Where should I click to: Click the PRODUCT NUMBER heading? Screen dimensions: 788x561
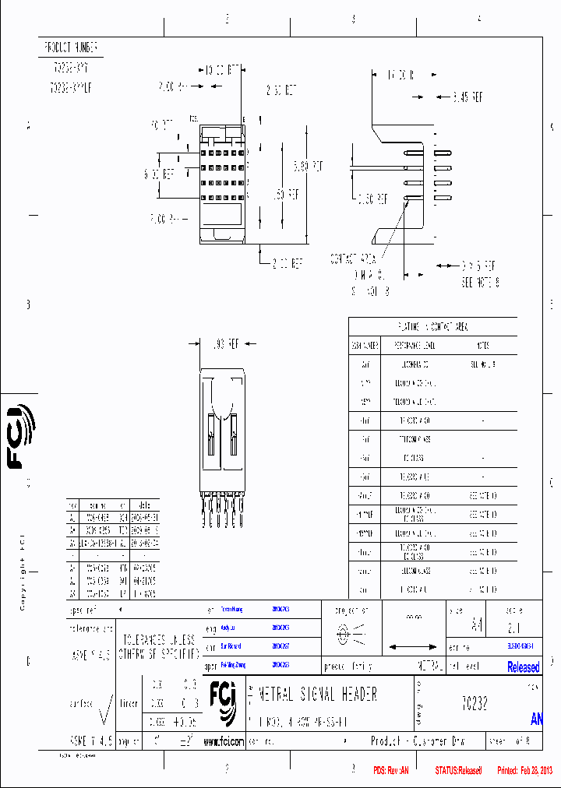70,47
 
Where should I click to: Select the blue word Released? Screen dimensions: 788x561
523,667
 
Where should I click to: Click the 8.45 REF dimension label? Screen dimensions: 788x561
467,97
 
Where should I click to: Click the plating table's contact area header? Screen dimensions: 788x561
433,328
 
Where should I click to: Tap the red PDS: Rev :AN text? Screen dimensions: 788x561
391,771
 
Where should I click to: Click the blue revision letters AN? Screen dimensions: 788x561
537,719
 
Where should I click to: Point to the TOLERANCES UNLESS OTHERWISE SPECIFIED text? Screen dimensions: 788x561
159,646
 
